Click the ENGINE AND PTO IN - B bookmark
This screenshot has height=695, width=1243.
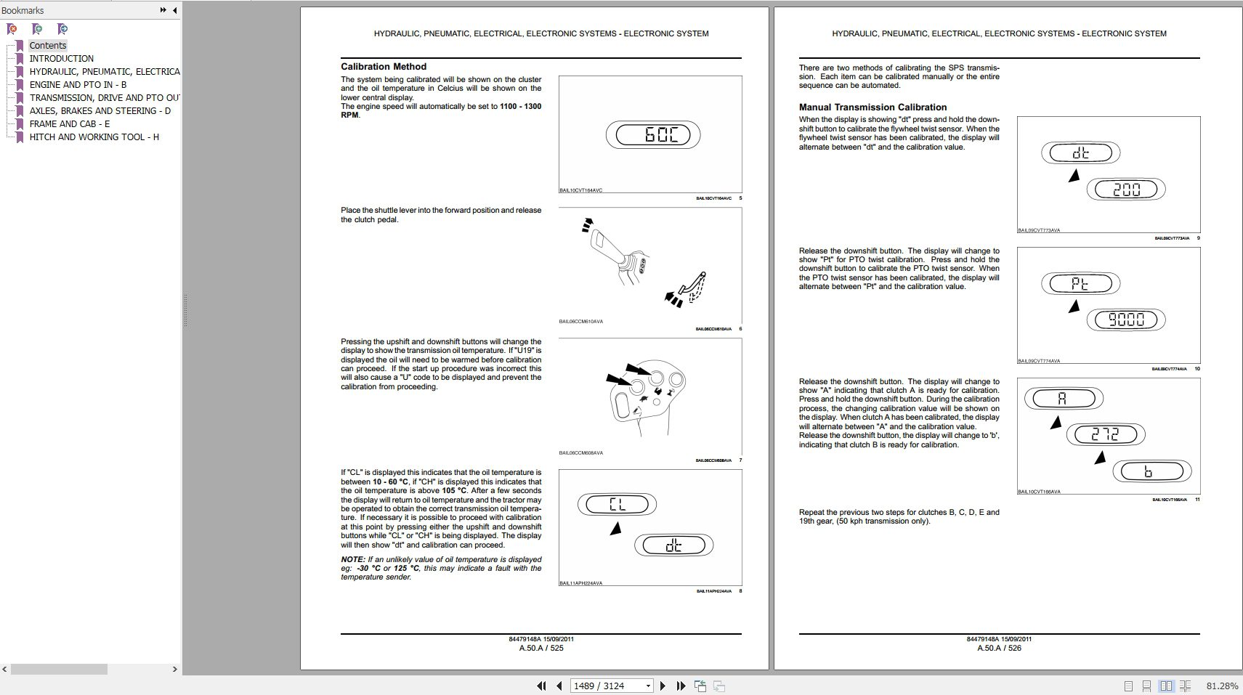(x=78, y=84)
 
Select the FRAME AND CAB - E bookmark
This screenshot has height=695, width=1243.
(x=70, y=123)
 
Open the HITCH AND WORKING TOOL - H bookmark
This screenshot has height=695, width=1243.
(x=94, y=137)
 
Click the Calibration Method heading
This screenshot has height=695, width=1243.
(x=384, y=66)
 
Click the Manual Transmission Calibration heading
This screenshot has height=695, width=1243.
(x=872, y=107)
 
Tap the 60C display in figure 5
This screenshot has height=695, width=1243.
(x=652, y=135)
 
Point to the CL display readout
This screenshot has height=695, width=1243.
(x=617, y=504)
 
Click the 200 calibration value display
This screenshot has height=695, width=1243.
(x=1125, y=190)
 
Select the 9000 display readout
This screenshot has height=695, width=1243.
(x=1125, y=320)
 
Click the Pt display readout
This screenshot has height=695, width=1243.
(x=1080, y=283)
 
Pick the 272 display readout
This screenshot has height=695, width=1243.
(x=1105, y=434)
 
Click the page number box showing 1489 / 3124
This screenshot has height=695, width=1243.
(x=607, y=686)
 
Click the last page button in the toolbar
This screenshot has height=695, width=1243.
(x=681, y=686)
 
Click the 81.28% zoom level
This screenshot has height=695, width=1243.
(x=1222, y=686)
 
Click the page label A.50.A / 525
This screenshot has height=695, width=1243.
(x=541, y=648)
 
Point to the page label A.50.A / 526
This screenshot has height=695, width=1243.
(x=999, y=648)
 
